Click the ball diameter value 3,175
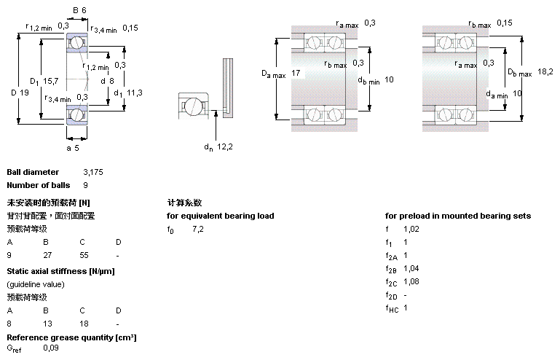tap(93, 172)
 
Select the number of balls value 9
tap(86, 185)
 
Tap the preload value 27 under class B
tap(47, 255)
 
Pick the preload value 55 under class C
tap(84, 255)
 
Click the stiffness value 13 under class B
tap(47, 324)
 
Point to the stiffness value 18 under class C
tap(84, 324)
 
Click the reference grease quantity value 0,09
tap(51, 348)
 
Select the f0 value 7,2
tap(198, 229)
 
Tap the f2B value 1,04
tap(411, 268)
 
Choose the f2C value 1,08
tap(411, 282)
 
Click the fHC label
tap(392, 308)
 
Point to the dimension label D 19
tap(20, 93)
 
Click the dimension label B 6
tap(79, 10)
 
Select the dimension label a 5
tap(73, 148)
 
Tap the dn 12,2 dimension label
tap(218, 147)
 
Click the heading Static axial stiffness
tap(60, 271)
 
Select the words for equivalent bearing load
tap(221, 216)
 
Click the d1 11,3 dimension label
tap(128, 93)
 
